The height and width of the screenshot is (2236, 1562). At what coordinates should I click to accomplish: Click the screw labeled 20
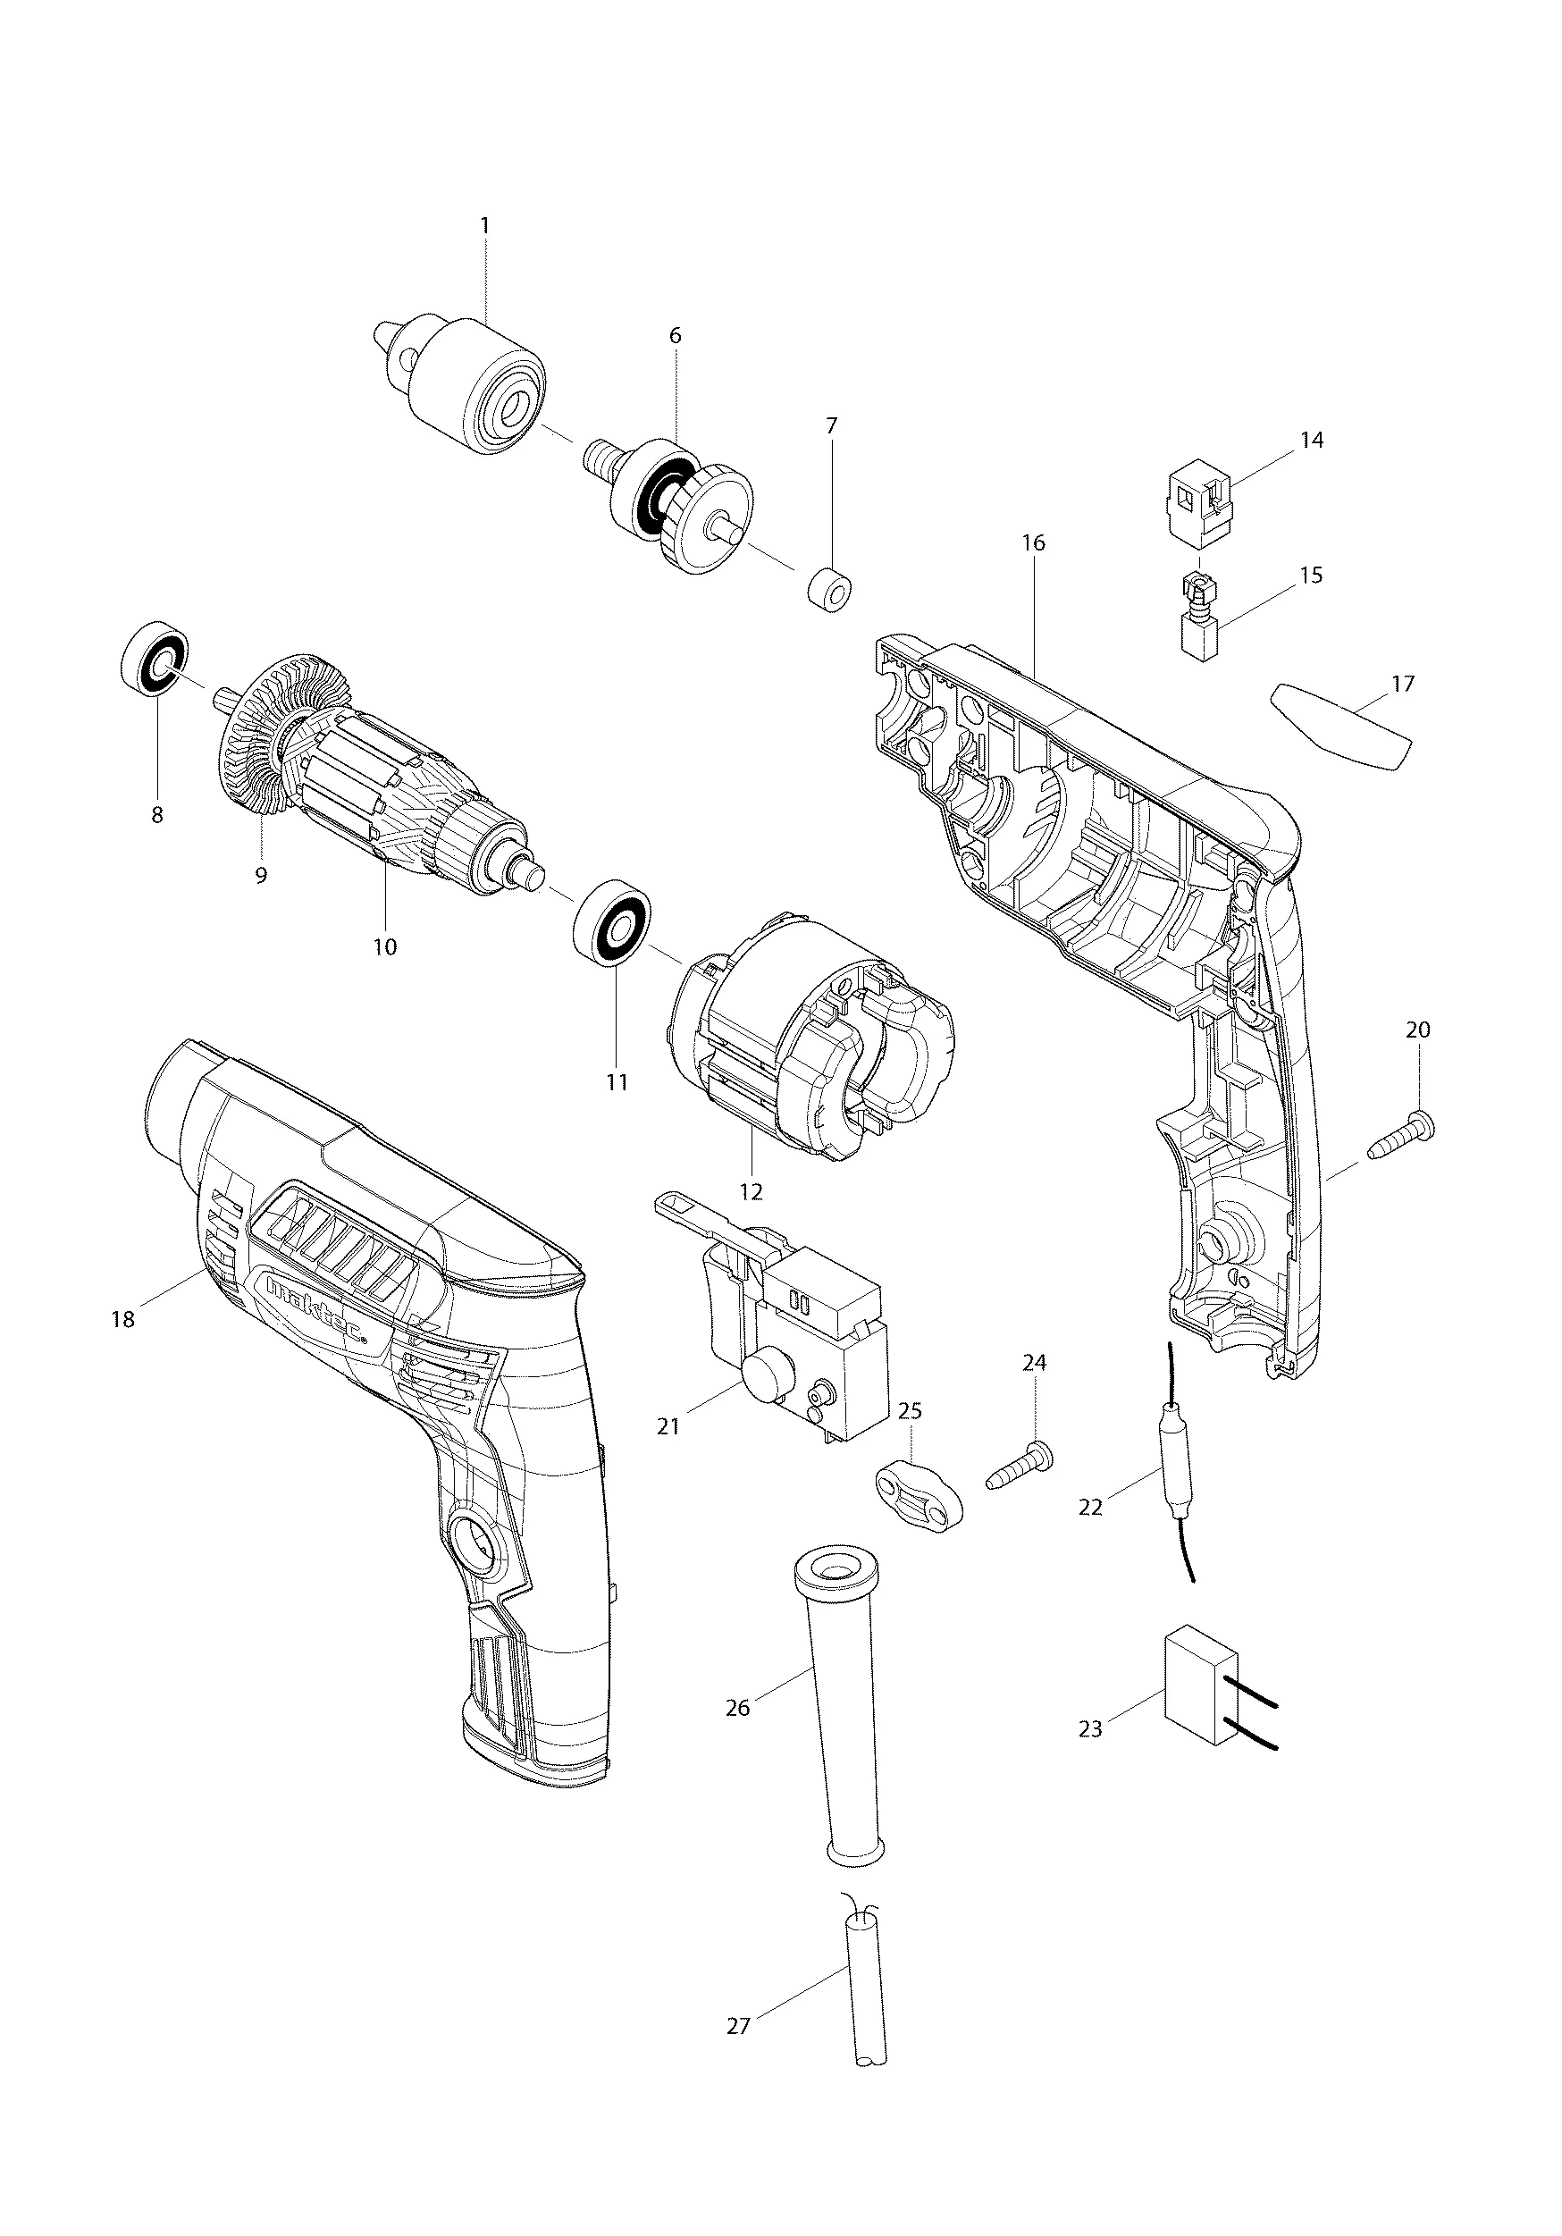pos(1402,1133)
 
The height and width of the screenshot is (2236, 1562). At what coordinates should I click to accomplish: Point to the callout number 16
pos(1033,542)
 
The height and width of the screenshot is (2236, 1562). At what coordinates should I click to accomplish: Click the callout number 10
pos(384,946)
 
